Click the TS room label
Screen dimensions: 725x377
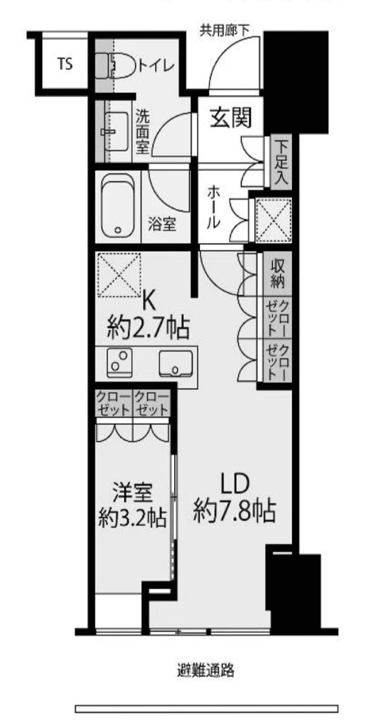(x=66, y=65)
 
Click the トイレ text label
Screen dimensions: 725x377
(x=157, y=66)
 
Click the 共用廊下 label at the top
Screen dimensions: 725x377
(x=225, y=30)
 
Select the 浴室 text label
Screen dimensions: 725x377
(x=162, y=225)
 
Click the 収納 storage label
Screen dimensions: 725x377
(x=279, y=273)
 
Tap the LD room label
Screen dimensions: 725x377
(x=234, y=484)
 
